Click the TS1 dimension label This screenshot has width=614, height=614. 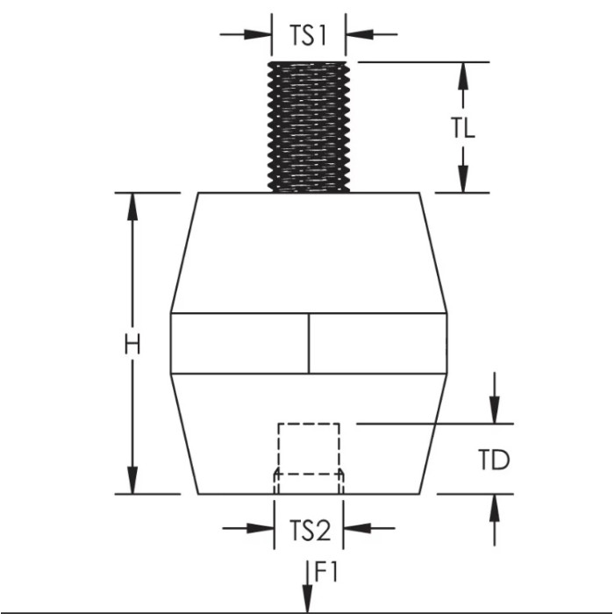click(x=308, y=36)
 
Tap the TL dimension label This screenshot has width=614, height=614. click(x=464, y=128)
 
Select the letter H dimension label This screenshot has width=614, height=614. click(x=132, y=344)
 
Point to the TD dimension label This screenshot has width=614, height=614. click(x=495, y=459)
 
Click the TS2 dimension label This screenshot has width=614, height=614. click(x=309, y=529)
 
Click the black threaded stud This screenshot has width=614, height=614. click(x=309, y=126)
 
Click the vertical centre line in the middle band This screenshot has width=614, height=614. click(x=309, y=343)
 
